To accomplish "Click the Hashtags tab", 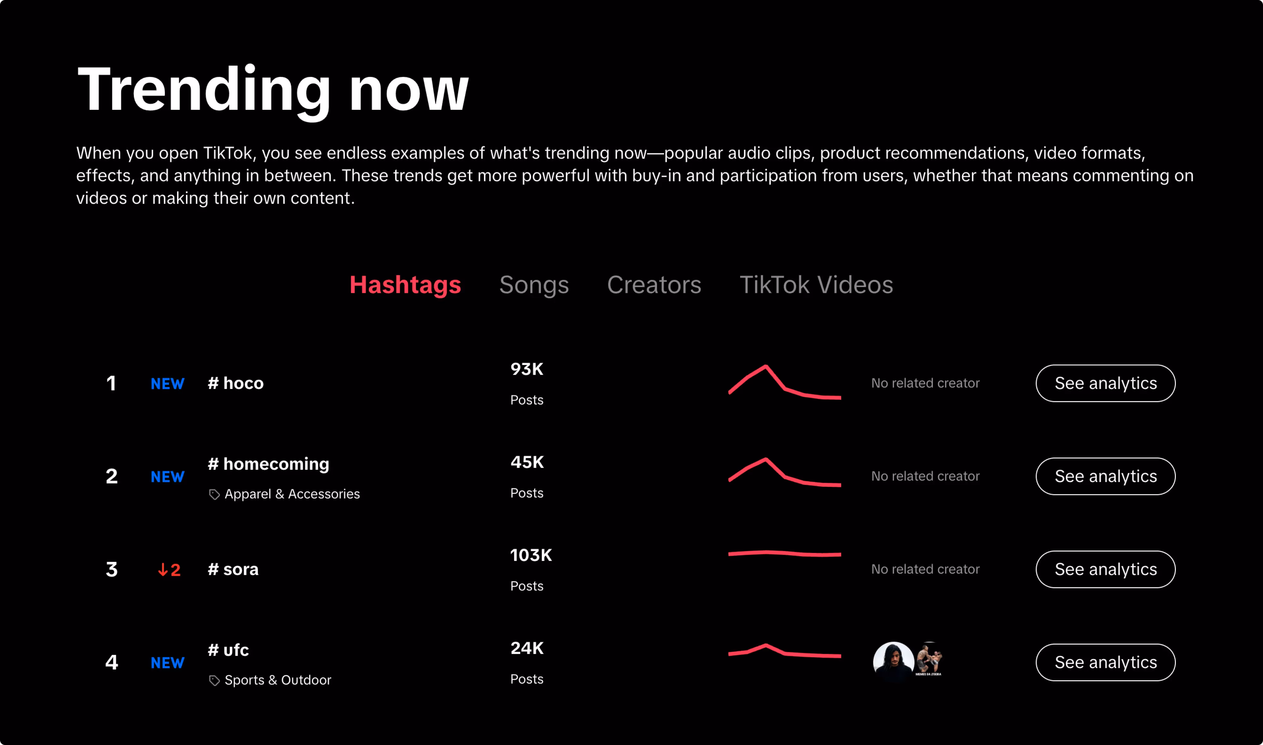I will point(405,285).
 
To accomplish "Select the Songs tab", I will point(534,285).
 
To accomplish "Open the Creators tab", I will point(654,285).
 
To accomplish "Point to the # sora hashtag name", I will point(233,569).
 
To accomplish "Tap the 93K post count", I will point(527,369).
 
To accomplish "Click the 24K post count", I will point(527,648).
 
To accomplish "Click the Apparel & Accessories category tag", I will point(292,494).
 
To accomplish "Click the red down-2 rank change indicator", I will point(169,570).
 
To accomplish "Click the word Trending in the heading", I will point(204,89).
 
